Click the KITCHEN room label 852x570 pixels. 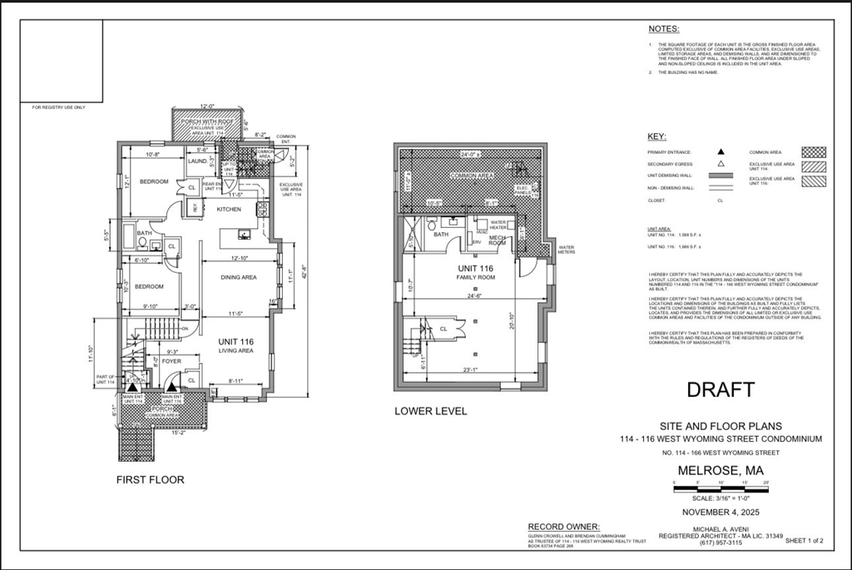coord(229,209)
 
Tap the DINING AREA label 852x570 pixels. coord(238,277)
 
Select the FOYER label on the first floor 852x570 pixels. coord(171,361)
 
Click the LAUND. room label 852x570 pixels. coord(197,161)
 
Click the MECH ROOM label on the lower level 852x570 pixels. coord(497,241)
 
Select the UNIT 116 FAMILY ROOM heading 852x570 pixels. coord(475,271)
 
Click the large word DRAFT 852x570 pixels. coord(720,389)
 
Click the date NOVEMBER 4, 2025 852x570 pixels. coord(721,511)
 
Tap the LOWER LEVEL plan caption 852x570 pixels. coord(430,411)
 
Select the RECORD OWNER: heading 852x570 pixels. coord(563,527)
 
